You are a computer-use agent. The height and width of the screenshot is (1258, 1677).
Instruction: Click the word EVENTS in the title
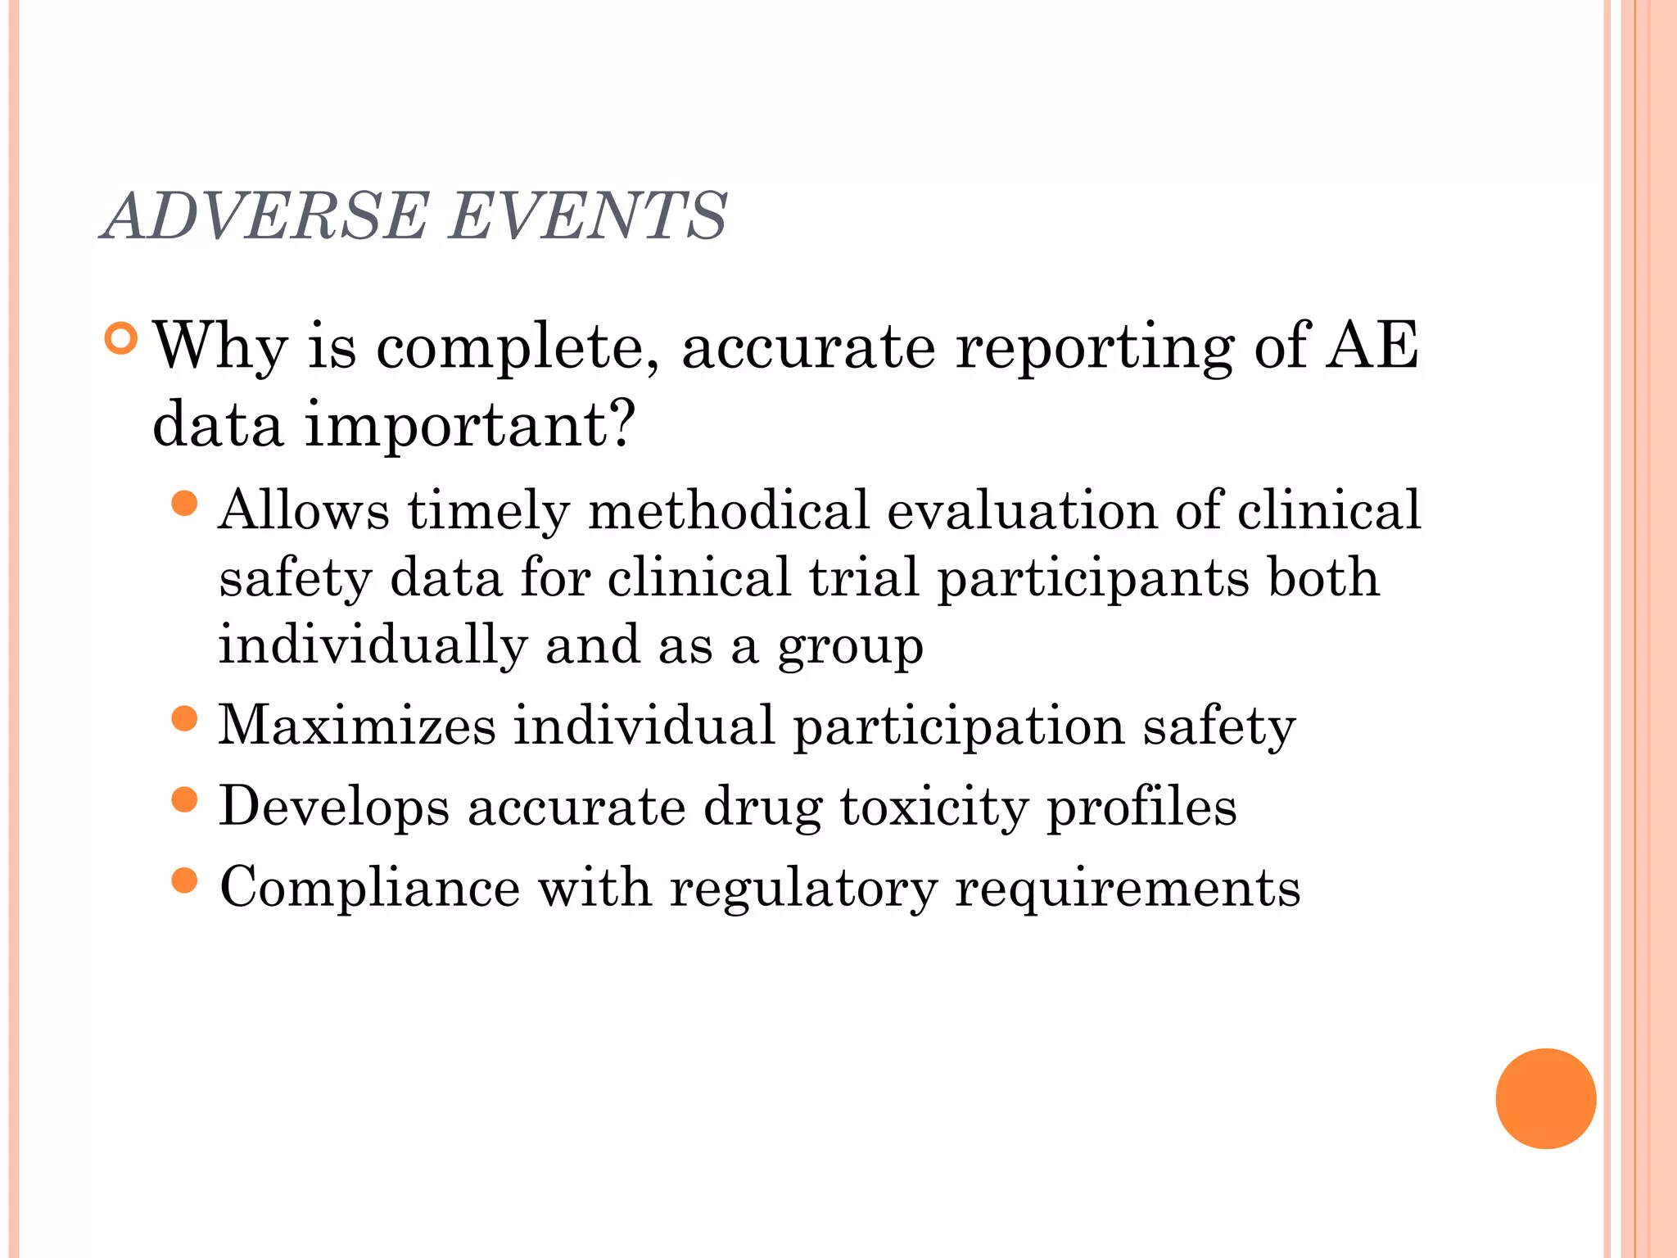pyautogui.click(x=588, y=216)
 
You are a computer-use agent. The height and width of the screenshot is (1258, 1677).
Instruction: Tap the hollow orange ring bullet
pyautogui.click(x=121, y=338)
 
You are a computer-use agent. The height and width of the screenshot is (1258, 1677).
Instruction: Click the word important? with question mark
pyautogui.click(x=470, y=426)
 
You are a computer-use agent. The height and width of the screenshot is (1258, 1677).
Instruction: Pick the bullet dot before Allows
pyautogui.click(x=186, y=503)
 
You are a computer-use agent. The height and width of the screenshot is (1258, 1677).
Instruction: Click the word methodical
pyautogui.click(x=728, y=511)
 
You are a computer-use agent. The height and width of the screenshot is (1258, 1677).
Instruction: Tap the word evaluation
pyautogui.click(x=1022, y=511)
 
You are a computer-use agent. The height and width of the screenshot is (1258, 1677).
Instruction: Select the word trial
pyautogui.click(x=864, y=577)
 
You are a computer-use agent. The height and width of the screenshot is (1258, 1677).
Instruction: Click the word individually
pyautogui.click(x=373, y=645)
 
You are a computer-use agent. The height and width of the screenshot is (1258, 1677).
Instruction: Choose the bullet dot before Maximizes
pyautogui.click(x=186, y=719)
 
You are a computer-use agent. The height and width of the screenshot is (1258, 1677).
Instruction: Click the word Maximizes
pyautogui.click(x=357, y=726)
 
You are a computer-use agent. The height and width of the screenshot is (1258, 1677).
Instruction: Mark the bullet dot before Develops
pyautogui.click(x=186, y=799)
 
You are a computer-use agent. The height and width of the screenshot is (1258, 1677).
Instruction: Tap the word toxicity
pyautogui.click(x=933, y=808)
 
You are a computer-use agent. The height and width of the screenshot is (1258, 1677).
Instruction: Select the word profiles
pyautogui.click(x=1141, y=808)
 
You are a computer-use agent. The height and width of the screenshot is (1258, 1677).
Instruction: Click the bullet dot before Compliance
pyautogui.click(x=186, y=880)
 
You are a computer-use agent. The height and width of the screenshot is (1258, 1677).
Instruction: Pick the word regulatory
pyautogui.click(x=803, y=889)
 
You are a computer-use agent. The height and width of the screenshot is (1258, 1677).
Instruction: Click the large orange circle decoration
pyautogui.click(x=1545, y=1098)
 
